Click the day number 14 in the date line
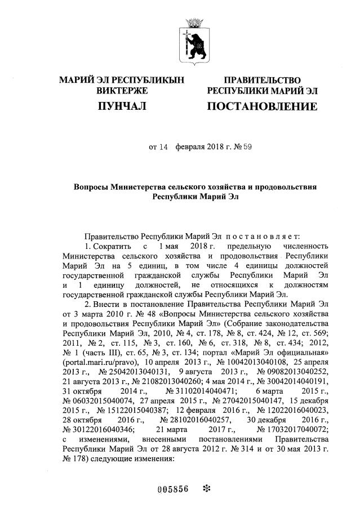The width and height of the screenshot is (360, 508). (163, 148)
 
